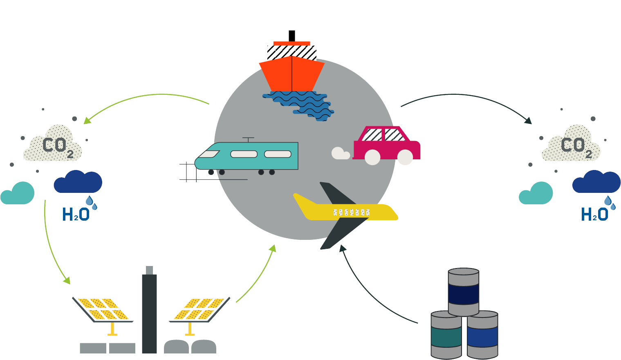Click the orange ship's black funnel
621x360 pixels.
291,36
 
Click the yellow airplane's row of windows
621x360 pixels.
352,212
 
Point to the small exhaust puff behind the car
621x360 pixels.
340,153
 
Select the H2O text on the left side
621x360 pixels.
76,214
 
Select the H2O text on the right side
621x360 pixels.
594,214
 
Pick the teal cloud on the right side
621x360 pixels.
536,194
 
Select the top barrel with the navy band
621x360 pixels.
463,292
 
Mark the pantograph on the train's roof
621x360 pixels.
248,140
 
